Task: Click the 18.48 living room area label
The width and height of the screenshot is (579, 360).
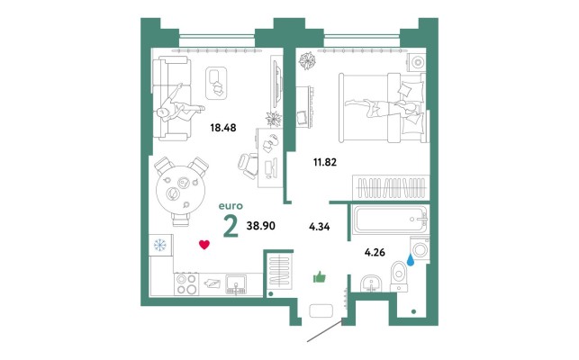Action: point(223,128)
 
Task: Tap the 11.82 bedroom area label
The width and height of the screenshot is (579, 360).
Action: point(325,162)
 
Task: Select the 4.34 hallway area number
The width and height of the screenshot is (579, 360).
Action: point(320,226)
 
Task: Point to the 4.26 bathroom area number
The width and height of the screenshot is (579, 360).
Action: point(375,253)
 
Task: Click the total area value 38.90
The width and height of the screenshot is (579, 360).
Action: point(261,226)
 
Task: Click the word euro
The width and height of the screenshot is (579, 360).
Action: point(231,206)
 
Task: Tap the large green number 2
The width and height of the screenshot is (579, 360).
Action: point(231,226)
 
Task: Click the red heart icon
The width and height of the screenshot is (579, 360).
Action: point(204,245)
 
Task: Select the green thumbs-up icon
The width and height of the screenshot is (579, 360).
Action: point(320,277)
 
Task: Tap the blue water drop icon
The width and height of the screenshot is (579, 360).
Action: point(411,260)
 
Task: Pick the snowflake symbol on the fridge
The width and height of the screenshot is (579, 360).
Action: point(160,245)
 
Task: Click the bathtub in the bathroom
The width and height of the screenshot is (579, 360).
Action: point(390,220)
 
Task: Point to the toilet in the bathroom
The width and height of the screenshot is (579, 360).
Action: point(398,276)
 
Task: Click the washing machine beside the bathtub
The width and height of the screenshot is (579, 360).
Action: point(420,248)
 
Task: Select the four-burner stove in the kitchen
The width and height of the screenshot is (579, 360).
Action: point(186,283)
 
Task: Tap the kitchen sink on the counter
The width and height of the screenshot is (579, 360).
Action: point(236,284)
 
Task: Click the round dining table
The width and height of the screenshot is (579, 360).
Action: point(181,190)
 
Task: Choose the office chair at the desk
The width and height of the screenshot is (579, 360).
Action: point(248,166)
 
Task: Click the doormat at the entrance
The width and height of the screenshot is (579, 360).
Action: point(321,310)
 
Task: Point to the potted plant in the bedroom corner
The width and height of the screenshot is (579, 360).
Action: point(307,60)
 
